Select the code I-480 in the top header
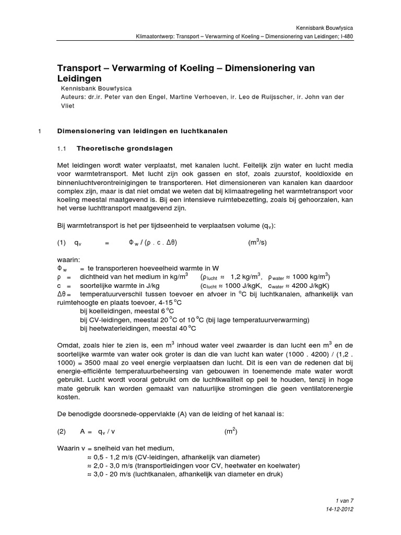pyautogui.click(x=346, y=38)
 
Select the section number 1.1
pyautogui.click(x=63, y=149)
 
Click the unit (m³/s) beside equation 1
pyautogui.click(x=258, y=242)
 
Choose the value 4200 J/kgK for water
pyautogui.click(x=311, y=286)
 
